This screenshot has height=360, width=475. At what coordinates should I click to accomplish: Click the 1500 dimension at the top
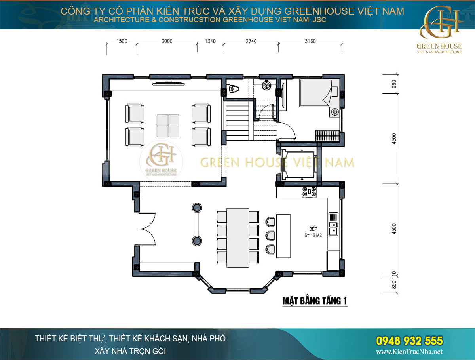tap(122, 41)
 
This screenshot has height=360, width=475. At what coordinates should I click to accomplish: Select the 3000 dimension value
tap(167, 41)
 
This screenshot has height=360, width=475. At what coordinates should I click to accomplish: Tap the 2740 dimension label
tap(251, 41)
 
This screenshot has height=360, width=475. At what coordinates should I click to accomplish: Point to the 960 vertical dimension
tap(394, 84)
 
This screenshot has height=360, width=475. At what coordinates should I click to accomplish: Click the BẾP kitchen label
tap(313, 229)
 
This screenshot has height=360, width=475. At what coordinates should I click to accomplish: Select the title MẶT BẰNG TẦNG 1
tap(315, 301)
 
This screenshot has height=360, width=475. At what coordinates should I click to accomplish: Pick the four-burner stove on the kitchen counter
tap(309, 192)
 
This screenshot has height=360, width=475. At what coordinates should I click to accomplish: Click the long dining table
tap(238, 238)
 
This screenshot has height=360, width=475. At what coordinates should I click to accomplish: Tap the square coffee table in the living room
tap(168, 126)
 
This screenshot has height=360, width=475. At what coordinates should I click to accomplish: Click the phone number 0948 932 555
tap(410, 341)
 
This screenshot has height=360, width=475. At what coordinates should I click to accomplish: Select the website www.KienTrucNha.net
tap(409, 352)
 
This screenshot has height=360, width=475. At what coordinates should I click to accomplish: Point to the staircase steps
tap(237, 120)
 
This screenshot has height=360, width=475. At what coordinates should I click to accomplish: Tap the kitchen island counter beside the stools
tap(283, 236)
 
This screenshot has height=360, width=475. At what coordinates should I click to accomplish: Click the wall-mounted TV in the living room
tap(169, 84)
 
